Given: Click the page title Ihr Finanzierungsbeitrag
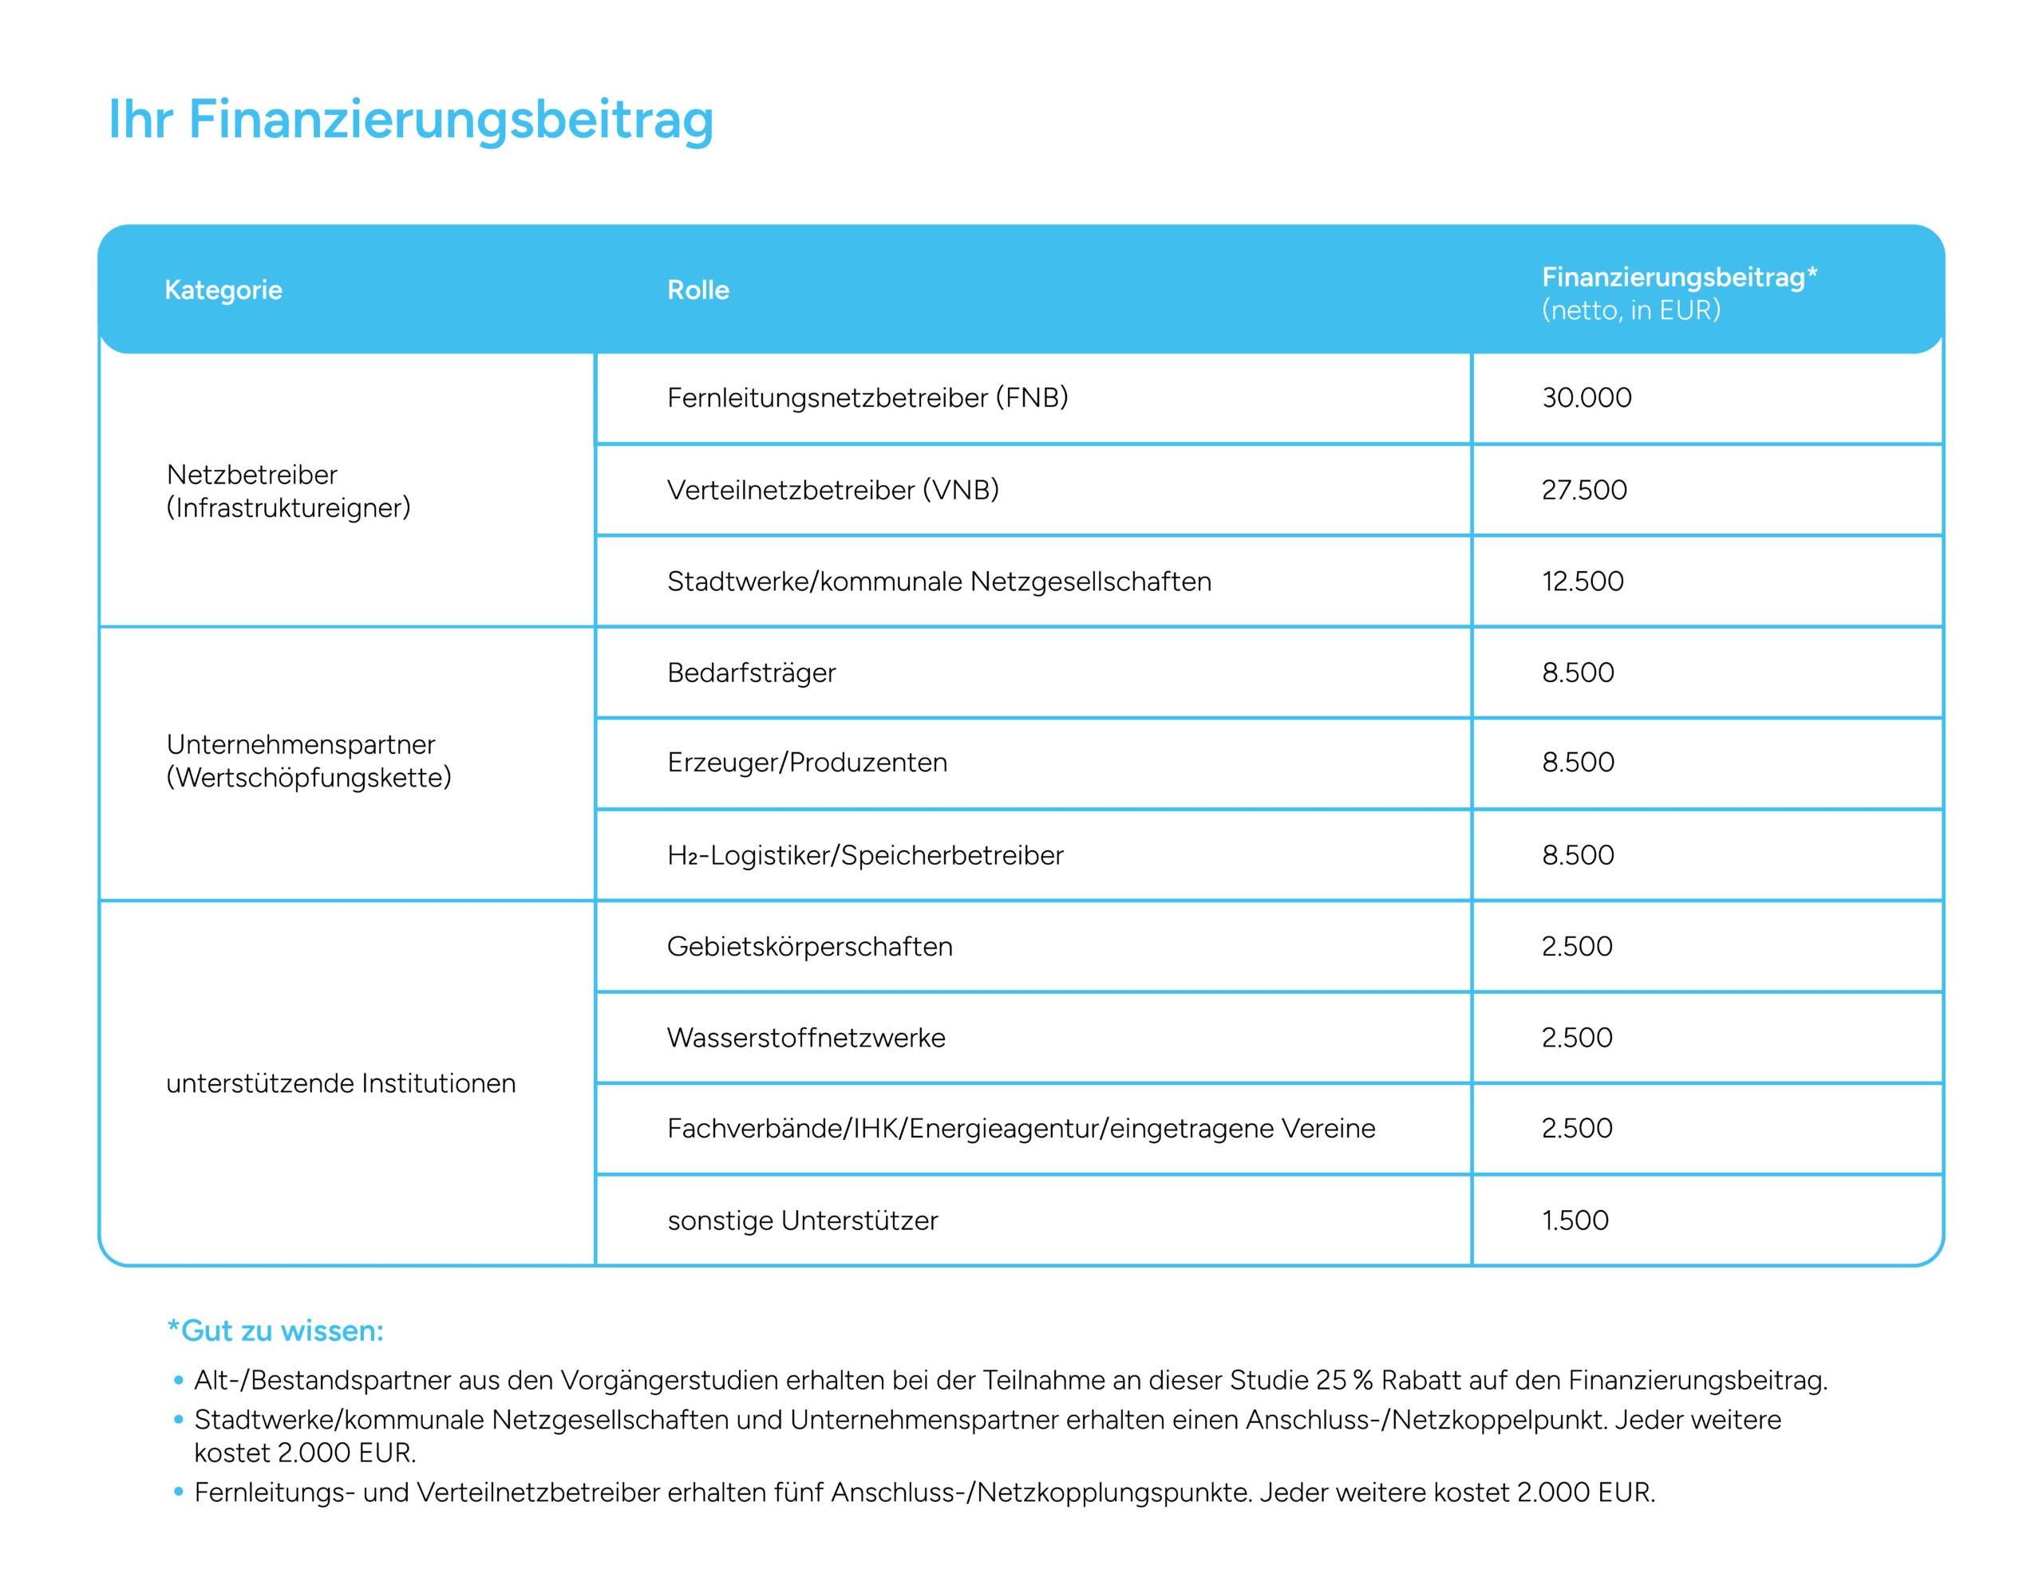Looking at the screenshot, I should tap(411, 120).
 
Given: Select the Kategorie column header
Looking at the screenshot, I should tap(223, 290).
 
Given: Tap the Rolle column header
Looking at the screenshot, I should tap(697, 290).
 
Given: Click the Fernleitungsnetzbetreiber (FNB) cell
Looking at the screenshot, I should tap(867, 397).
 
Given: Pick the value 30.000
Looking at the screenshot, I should tap(1587, 397).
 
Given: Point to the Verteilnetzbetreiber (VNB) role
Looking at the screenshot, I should tap(832, 489).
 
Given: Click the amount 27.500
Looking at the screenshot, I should tap(1583, 489).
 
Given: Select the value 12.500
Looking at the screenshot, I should tap(1582, 581).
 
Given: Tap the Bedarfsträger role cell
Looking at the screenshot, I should tap(751, 672).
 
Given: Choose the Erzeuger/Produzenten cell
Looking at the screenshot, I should tap(806, 762).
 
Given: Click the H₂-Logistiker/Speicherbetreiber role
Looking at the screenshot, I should tap(865, 854).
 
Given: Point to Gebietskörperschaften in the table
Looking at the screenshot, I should tap(809, 946).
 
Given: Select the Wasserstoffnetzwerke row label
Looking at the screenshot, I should tap(805, 1037).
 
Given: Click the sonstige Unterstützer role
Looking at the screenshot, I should tap(802, 1220).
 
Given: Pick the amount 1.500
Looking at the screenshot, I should tap(1575, 1220).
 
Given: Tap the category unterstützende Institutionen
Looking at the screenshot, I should tap(341, 1082).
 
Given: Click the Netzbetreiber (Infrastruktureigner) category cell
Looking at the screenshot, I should tap(288, 491).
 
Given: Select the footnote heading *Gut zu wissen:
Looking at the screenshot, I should tap(275, 1330).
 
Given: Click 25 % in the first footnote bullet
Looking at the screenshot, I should tap(1343, 1380).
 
